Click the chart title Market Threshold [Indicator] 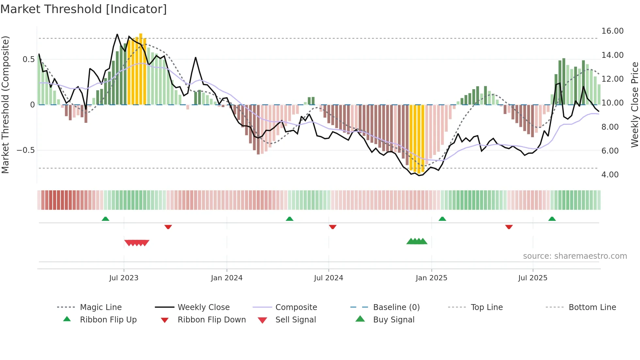(84, 9)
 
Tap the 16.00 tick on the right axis (612, 31)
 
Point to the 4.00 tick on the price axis (610, 175)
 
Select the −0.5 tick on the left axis (26, 150)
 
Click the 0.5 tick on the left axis (28, 59)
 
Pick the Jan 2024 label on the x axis (227, 278)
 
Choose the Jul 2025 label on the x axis (533, 278)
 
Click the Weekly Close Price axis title (634, 105)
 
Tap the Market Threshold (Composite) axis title (5, 105)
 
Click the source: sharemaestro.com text (575, 256)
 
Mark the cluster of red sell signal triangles (137, 243)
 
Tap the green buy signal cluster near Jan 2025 (417, 241)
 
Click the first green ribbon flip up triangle (105, 219)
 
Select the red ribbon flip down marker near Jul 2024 (333, 227)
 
